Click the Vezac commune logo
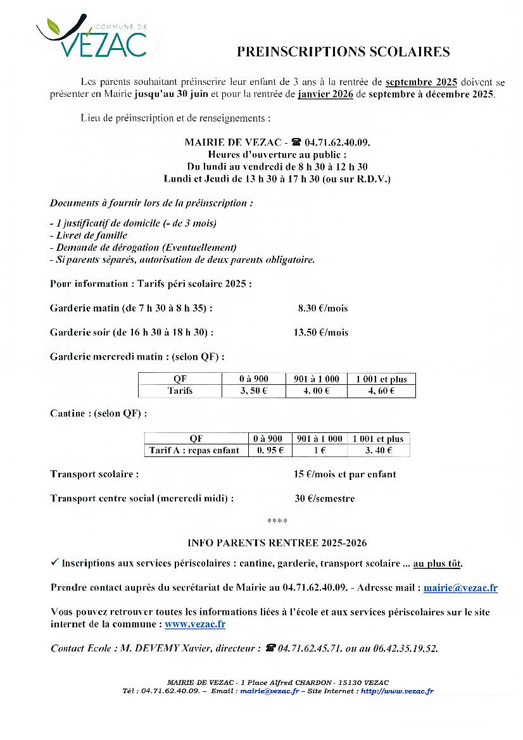pos(91,38)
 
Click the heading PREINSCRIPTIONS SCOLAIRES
pos(343,52)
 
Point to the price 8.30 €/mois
pos(323,308)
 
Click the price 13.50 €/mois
pos(320,332)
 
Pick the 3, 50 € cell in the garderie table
pos(253,391)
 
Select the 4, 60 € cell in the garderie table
pos(381,391)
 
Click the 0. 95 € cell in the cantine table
pos(270,451)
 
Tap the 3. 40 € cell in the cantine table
pos(378,451)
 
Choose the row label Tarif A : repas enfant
pos(196,451)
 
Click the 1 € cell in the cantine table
pos(319,451)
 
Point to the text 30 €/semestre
pos(325,498)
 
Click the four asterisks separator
pos(277,521)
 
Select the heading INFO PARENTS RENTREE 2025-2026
pos(277,543)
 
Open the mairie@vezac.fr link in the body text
pos(460,588)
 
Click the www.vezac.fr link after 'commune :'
pos(195,624)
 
